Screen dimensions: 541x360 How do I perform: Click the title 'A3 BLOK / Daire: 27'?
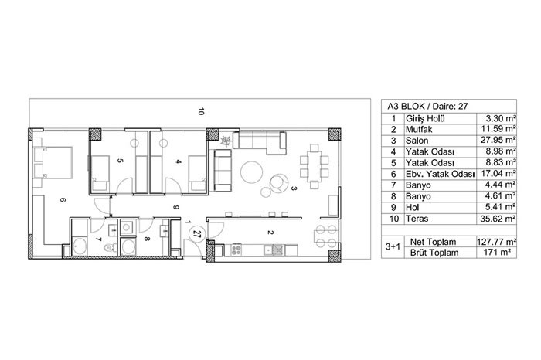pos(427,107)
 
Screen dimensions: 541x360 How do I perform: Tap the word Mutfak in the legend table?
pos(419,129)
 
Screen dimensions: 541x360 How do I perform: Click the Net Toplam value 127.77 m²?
pos(496,241)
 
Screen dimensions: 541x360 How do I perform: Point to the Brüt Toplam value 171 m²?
pos(498,252)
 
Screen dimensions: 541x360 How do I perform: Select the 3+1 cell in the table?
pos(393,246)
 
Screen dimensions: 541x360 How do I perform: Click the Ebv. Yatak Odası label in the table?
pos(441,174)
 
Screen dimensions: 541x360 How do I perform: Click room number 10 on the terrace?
pos(202,111)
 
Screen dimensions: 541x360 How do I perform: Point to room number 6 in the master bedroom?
pos(63,200)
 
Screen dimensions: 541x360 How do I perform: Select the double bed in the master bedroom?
pos(53,162)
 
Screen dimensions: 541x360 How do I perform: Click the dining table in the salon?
pos(314,166)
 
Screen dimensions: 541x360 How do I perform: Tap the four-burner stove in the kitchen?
pos(236,250)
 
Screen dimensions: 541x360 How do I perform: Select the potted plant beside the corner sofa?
pos(226,141)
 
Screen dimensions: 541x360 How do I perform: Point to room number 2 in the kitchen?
pos(270,233)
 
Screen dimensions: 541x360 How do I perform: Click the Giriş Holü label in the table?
pos(425,118)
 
